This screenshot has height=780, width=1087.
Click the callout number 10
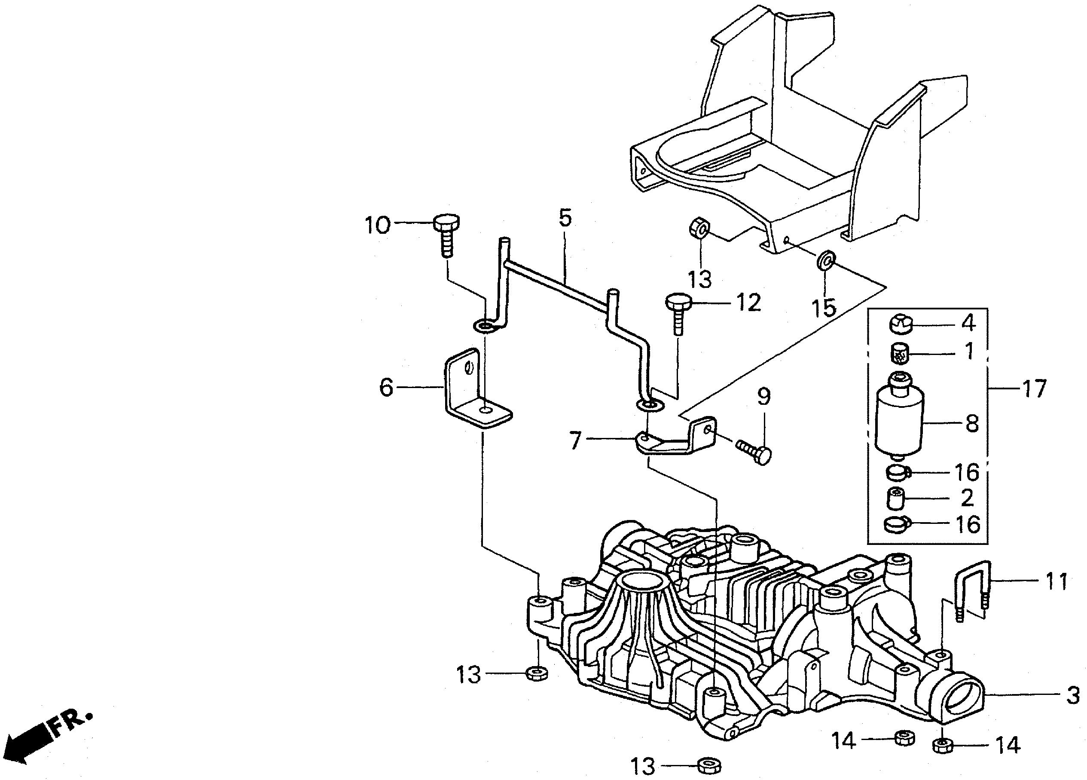click(378, 225)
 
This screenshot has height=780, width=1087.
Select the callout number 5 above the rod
click(565, 218)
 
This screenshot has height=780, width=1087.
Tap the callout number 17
click(1034, 388)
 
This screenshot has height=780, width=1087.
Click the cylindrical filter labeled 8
click(899, 417)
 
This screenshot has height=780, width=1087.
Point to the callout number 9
click(764, 397)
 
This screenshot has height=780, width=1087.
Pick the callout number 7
click(575, 440)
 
